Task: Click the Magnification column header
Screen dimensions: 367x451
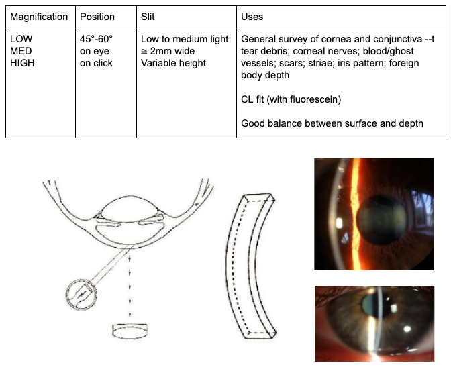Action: [39, 17]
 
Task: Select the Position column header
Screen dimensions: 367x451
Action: [97, 17]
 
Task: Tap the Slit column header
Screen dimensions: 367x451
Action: [148, 17]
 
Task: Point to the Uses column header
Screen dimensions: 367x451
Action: [252, 17]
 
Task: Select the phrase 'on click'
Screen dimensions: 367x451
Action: [97, 63]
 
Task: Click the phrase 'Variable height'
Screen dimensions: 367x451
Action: [173, 63]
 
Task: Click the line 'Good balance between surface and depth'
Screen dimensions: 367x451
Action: [332, 123]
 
